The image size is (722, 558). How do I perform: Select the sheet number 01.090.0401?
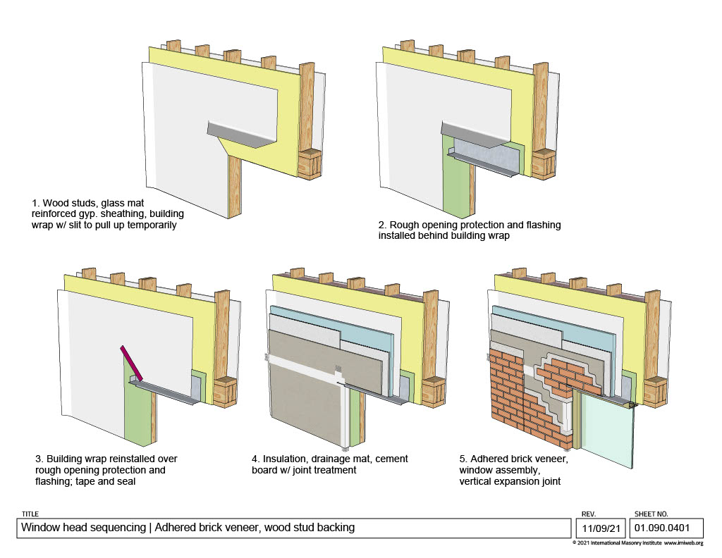pyautogui.click(x=661, y=527)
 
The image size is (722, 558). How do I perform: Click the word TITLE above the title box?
pyautogui.click(x=30, y=514)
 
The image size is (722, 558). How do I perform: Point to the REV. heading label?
pyautogui.click(x=589, y=514)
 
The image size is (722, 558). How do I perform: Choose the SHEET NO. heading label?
pyautogui.click(x=651, y=514)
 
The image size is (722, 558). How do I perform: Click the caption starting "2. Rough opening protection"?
pyautogui.click(x=469, y=230)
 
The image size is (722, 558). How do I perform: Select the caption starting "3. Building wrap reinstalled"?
pyautogui.click(x=106, y=469)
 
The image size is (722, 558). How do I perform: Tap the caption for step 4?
pyautogui.click(x=329, y=464)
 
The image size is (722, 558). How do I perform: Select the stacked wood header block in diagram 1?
pyautogui.click(x=309, y=163)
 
